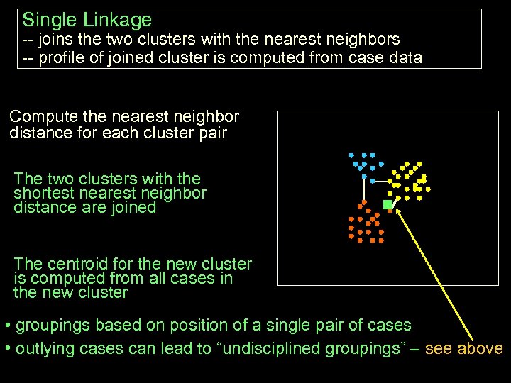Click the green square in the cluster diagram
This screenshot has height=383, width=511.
[388, 204]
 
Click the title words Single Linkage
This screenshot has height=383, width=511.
[87, 20]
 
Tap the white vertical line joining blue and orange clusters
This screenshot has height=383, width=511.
[364, 187]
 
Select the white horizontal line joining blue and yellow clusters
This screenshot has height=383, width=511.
[380, 182]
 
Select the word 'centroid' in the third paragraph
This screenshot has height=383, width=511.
[79, 264]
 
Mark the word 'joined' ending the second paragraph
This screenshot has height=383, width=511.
[132, 207]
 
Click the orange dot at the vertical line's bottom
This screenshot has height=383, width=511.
[364, 204]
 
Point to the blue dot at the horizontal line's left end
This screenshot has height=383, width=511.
[372, 181]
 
